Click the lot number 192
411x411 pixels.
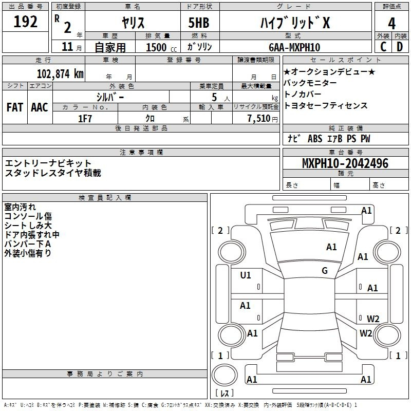[25, 22]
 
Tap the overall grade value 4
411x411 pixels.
[391, 24]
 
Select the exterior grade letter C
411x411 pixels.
[383, 47]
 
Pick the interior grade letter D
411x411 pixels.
[400, 47]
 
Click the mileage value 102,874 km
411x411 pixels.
[60, 74]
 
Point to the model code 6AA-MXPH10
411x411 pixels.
[294, 47]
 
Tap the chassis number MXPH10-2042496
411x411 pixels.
[345, 163]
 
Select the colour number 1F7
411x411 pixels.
[85, 119]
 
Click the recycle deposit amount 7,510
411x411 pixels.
[259, 119]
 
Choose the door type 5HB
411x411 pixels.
[199, 23]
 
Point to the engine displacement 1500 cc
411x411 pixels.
[161, 47]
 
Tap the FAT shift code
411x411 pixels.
[15, 107]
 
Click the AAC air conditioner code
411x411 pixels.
[40, 107]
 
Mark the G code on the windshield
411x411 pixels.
[325, 271]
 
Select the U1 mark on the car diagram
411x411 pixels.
[246, 275]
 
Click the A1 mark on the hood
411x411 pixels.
[331, 247]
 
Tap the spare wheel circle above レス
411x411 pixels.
[225, 375]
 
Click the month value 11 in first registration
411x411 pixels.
[67, 47]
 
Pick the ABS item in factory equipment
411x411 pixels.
[315, 139]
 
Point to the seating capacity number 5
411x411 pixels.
[214, 97]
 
